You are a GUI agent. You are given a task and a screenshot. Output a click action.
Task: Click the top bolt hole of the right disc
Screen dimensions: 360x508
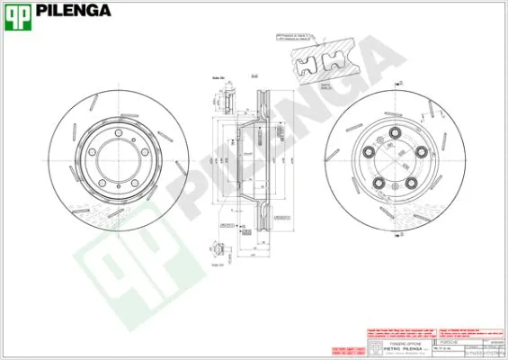(393, 139)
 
